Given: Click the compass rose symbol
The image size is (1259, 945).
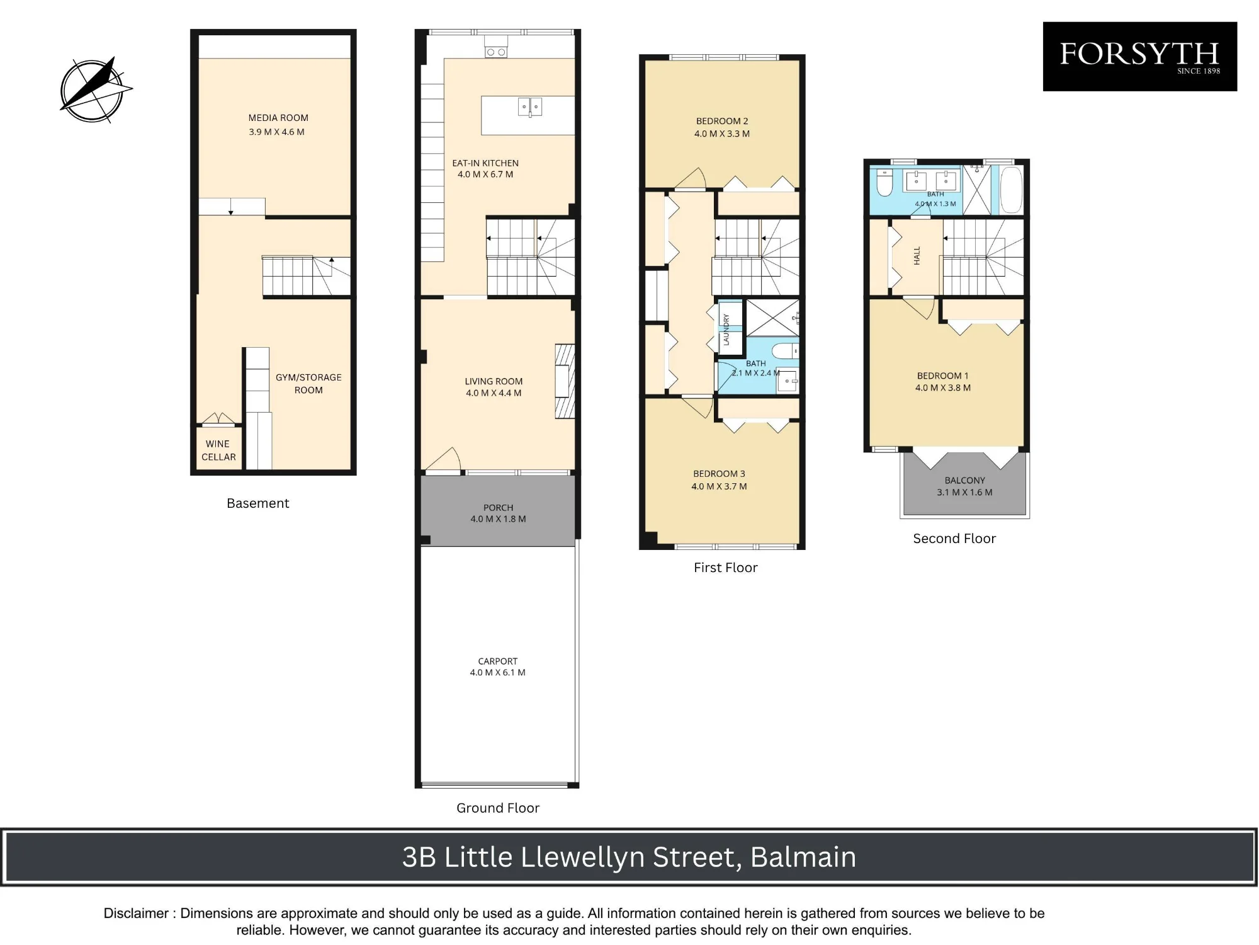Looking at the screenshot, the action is [94, 89].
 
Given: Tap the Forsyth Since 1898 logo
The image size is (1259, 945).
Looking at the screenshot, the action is [1140, 57].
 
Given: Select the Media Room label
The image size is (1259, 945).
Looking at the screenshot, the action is [278, 118].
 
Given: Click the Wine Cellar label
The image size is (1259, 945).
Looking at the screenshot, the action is [218, 450].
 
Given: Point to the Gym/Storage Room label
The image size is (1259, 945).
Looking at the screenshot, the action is [308, 384].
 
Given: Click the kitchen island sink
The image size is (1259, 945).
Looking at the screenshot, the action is [529, 107].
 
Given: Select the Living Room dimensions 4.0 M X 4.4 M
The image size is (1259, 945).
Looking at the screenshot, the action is [494, 393].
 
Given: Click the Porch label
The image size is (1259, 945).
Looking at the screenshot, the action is [498, 508].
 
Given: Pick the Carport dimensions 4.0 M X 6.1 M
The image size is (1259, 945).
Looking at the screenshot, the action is [497, 673].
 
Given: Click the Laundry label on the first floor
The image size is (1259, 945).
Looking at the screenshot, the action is [726, 329].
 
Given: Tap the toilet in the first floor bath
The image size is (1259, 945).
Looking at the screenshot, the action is [786, 350].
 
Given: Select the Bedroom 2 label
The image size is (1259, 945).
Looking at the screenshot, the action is [722, 121].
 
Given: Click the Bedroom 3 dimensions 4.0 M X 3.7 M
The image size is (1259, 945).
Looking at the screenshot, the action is [719, 486].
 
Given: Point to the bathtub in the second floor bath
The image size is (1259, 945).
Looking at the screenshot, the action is [1011, 190].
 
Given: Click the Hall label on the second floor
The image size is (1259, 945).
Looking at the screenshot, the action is [917, 255].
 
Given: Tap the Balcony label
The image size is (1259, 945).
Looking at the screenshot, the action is [965, 480].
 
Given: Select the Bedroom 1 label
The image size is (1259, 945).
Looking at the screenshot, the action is [942, 375].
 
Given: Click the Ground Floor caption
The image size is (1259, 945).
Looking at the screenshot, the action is [498, 808].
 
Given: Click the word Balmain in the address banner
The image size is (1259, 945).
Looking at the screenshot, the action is [803, 857].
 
